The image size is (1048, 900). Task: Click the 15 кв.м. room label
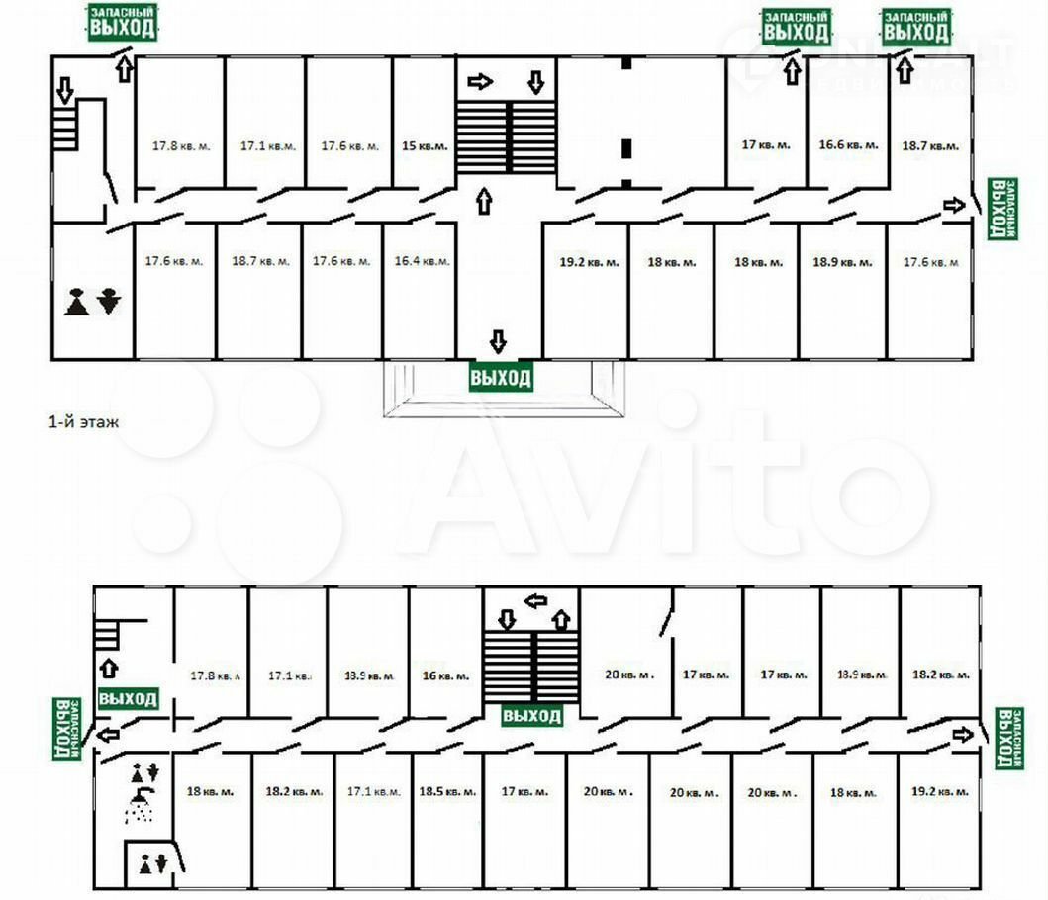tap(425, 145)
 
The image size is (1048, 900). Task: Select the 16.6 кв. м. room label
tap(848, 144)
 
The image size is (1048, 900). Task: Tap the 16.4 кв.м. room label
tap(422, 262)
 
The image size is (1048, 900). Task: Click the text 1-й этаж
tap(84, 421)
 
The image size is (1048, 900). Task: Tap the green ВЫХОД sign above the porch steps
tap(501, 378)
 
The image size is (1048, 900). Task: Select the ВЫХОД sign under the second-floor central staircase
tap(532, 715)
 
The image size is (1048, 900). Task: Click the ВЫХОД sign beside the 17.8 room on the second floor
tap(128, 699)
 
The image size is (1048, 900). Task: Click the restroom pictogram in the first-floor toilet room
tap(92, 301)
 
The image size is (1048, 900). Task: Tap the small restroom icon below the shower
tap(152, 863)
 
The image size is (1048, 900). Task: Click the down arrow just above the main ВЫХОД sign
tap(498, 342)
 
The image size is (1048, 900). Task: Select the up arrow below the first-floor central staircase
tap(483, 202)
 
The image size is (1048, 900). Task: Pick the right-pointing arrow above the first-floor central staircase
tap(479, 82)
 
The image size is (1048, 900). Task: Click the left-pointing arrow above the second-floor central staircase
tap(535, 600)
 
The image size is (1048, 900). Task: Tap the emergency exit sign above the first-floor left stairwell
tap(123, 23)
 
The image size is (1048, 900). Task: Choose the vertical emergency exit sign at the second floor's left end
tap(66, 729)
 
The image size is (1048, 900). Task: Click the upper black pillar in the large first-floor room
tap(626, 63)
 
